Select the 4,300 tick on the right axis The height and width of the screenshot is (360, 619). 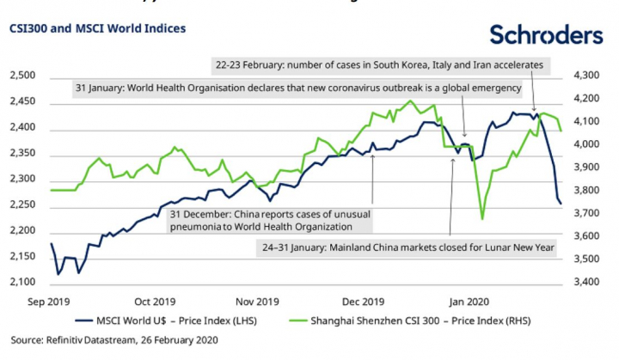[x=588, y=76]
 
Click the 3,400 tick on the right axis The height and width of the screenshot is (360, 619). [x=588, y=283]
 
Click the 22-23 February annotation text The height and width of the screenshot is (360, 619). [x=381, y=64]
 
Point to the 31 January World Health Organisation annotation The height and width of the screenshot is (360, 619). [x=298, y=88]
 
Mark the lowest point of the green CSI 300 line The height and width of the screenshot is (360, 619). [x=481, y=218]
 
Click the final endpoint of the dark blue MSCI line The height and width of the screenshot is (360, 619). [x=561, y=204]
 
